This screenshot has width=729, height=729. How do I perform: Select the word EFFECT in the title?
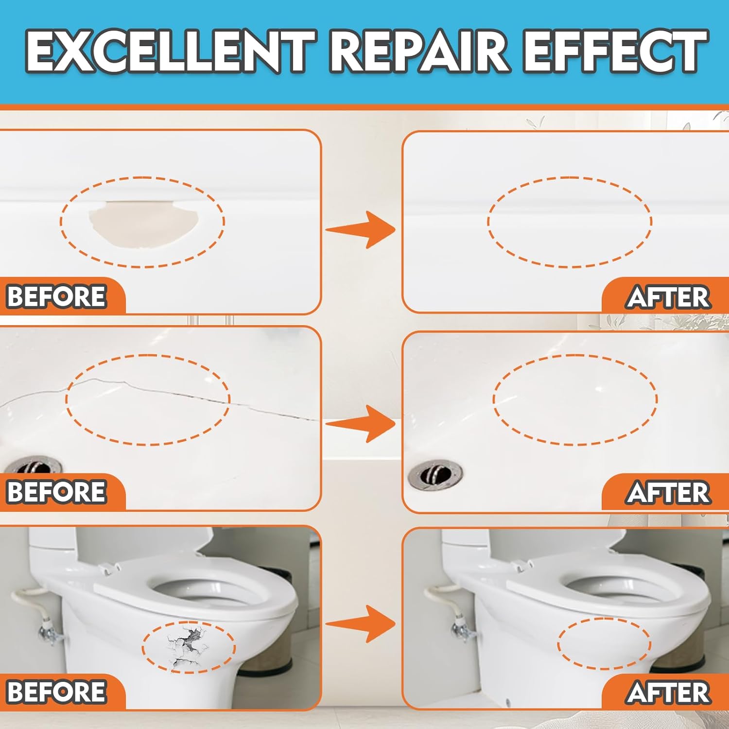tap(615, 51)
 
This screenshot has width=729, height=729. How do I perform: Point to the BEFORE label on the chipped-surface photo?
tap(57, 296)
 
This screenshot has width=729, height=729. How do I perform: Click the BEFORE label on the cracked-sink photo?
tap(57, 492)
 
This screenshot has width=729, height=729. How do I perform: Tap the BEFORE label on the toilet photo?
tap(57, 692)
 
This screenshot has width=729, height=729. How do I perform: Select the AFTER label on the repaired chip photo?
tap(668, 297)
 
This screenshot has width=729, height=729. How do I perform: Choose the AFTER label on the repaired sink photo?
tap(668, 493)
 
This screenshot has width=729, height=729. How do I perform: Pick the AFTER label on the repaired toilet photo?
tap(668, 693)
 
